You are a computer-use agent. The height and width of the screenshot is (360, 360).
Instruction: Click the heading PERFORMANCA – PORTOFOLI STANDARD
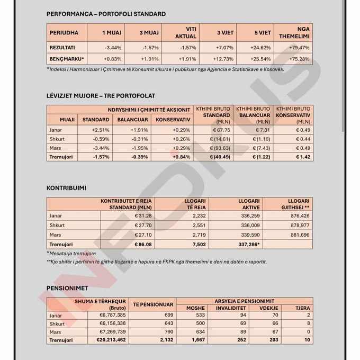106,14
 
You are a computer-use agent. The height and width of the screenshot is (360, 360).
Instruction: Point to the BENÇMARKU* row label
67,59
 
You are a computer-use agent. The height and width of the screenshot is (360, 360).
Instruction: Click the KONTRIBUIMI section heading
66,188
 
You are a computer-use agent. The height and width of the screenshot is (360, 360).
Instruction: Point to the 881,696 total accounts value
300,235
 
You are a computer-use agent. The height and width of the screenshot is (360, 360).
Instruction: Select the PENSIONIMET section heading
67,289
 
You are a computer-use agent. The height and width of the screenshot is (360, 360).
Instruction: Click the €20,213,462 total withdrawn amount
111,340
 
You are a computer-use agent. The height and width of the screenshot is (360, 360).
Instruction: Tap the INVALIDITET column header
231,308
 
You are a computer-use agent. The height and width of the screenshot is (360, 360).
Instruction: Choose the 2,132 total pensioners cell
166,340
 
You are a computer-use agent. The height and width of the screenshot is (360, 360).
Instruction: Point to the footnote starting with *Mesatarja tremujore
71,254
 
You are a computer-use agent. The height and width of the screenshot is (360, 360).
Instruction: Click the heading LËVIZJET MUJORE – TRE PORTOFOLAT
101,96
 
